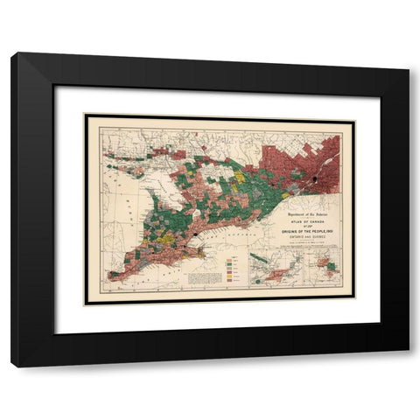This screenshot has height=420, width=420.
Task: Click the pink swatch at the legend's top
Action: (x=228, y=259)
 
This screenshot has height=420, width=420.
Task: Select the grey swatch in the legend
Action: (x=228, y=268)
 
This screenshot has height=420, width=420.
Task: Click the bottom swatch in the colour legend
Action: (x=228, y=281)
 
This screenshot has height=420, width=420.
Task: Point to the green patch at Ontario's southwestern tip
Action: (x=115, y=274)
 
